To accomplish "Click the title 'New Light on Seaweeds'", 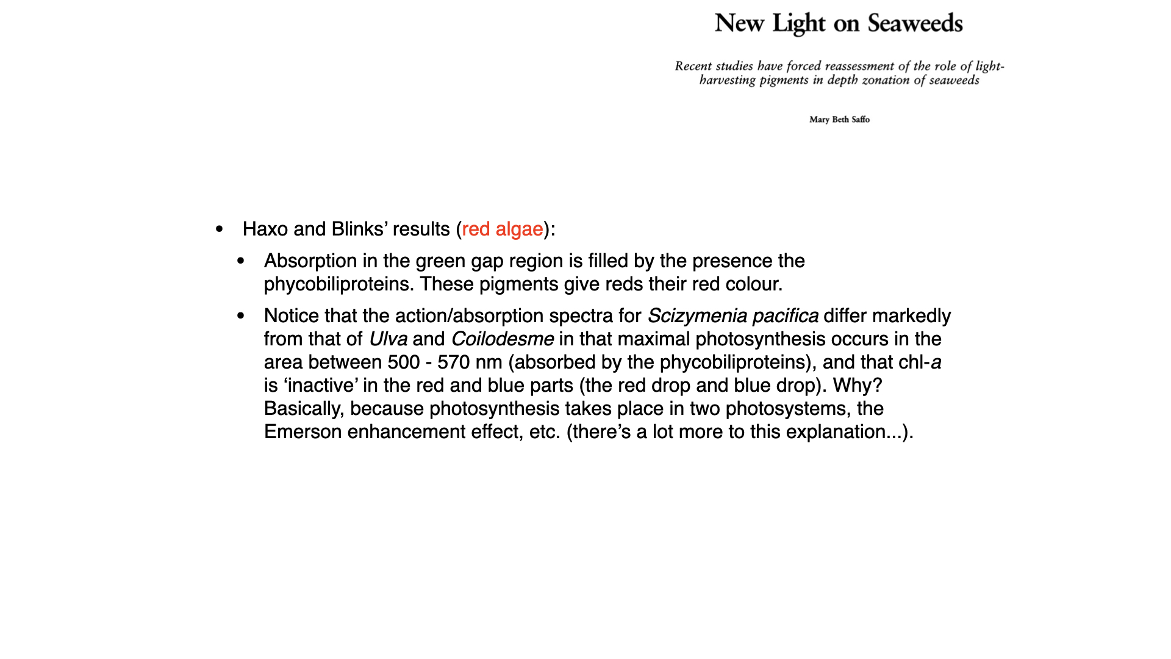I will coord(839,23).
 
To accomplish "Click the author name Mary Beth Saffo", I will coord(839,120).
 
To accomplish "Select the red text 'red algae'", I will coord(502,229).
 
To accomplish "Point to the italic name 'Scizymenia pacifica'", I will coord(732,315).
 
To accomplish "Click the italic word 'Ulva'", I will coord(388,339).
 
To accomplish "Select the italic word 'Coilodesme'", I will coord(502,339).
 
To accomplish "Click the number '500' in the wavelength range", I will coord(404,362).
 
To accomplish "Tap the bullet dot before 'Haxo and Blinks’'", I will coord(220,229).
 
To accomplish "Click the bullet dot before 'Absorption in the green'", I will coord(241,261).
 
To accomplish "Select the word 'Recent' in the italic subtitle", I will coord(693,66).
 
